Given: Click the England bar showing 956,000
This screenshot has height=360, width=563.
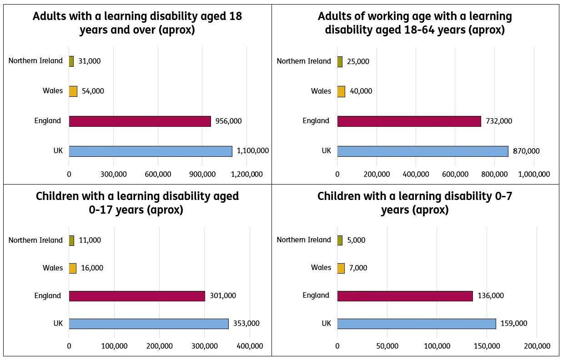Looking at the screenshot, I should coord(140,121).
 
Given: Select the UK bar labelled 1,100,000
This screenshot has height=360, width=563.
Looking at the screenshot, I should coord(150,151).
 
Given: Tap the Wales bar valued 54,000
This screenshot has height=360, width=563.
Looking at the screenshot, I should coord(73,91).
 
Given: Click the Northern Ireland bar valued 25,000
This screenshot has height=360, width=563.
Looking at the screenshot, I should coord(340,61).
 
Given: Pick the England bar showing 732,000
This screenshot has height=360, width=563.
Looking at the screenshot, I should coord(409,121).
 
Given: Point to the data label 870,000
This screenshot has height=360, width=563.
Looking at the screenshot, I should coord(526,151).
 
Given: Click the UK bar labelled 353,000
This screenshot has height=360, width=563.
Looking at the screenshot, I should coord(149,324).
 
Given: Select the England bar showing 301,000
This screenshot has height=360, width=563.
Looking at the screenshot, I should coord(136,296).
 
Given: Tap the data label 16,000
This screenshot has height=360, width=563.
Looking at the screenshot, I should coord(92,268).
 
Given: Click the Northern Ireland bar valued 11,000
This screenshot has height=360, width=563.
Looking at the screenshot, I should coord(71,240).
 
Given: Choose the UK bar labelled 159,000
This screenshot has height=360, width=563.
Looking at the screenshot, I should coord(416,324).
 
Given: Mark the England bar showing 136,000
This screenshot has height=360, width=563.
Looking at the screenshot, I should coord(405,295).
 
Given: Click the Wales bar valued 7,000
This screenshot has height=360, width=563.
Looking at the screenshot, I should coord(341,268).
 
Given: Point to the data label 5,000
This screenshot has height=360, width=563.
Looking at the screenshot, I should coord(356,240).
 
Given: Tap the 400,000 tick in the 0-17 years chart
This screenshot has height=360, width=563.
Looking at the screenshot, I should coord(249,346).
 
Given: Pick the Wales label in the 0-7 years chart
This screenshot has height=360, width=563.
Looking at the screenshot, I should coord(321,267).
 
